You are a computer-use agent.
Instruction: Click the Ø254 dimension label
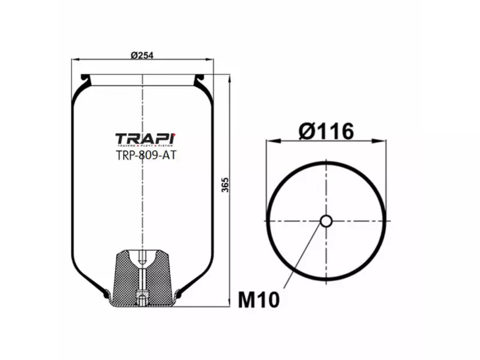[142, 55]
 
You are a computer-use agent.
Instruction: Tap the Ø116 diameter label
[325, 130]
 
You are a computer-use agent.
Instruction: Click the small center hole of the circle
[326, 221]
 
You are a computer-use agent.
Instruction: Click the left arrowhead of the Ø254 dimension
[74, 60]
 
